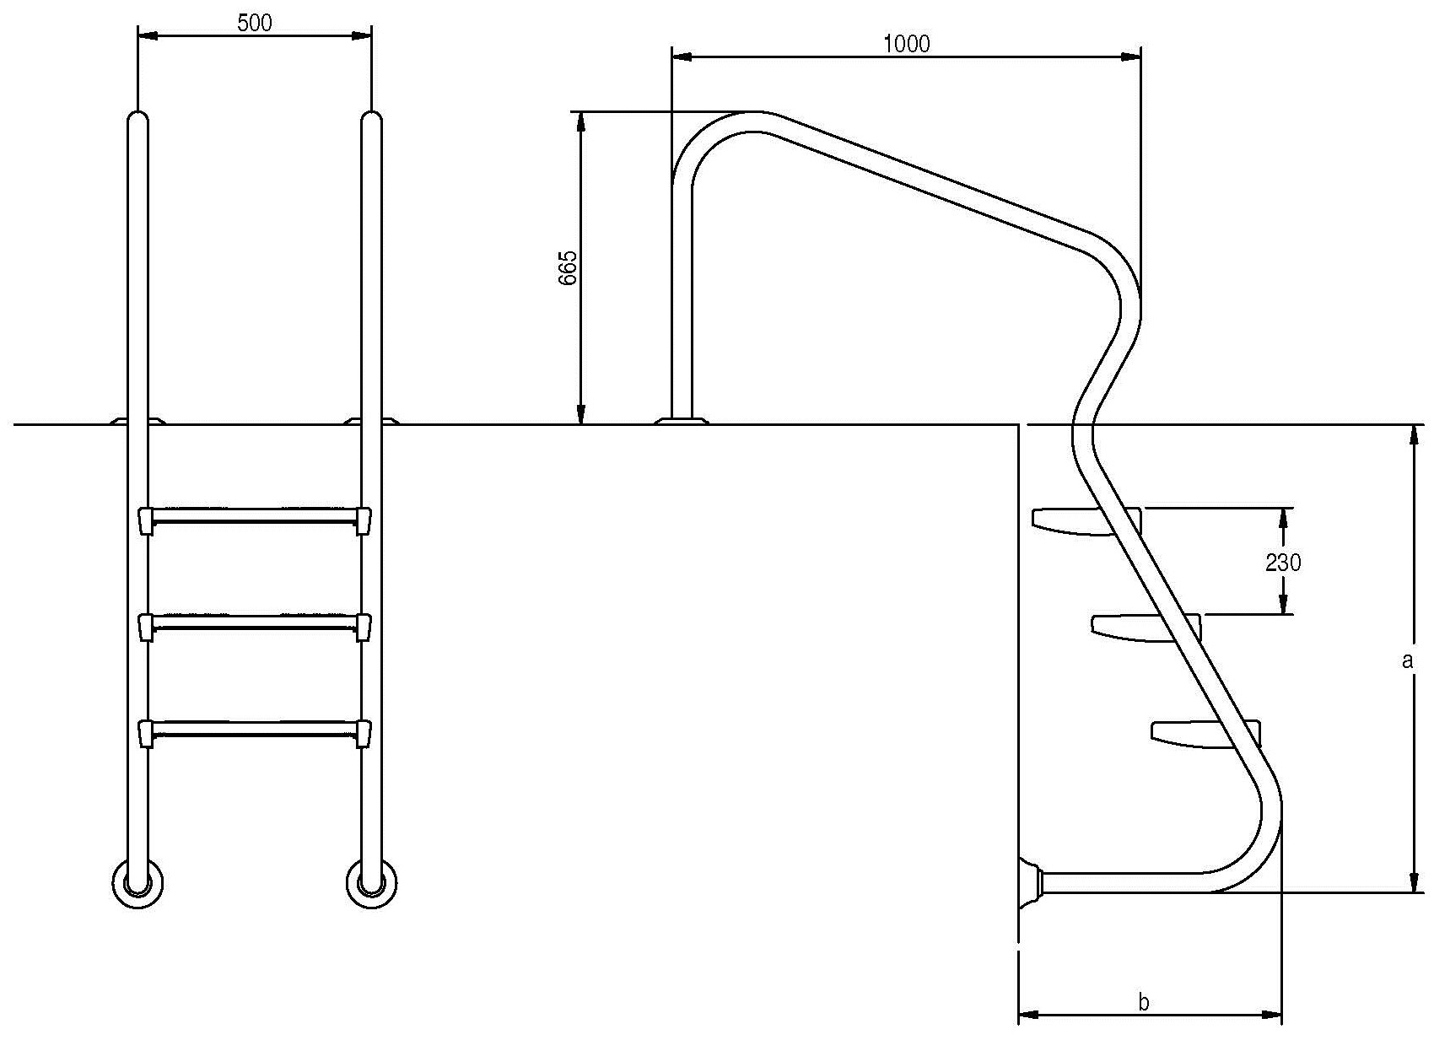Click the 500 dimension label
(255, 23)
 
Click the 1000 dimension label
(907, 44)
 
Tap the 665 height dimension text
(568, 267)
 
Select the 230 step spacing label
(1283, 563)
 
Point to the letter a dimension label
(1406, 660)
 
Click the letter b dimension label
(1143, 1001)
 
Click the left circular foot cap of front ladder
(137, 884)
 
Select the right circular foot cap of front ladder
(371, 884)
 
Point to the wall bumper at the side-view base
(1031, 882)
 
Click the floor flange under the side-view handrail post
(682, 421)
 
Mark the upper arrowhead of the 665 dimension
(580, 124)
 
